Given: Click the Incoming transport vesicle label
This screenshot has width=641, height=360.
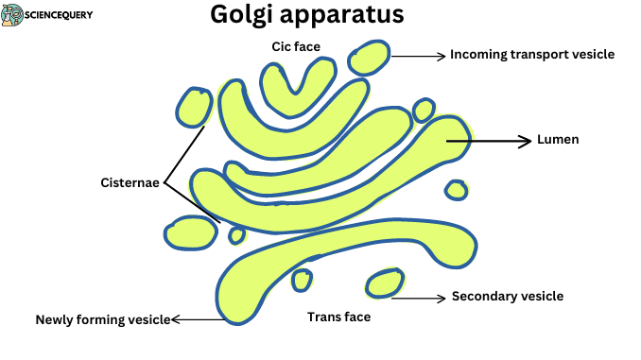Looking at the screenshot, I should click(x=532, y=55).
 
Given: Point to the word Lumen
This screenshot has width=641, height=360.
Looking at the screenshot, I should click(x=557, y=140).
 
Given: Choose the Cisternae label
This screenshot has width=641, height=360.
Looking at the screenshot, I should click(x=130, y=181).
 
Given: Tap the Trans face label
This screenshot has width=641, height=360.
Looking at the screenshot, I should click(x=338, y=317).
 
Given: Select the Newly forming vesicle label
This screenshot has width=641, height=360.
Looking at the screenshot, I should click(x=102, y=319).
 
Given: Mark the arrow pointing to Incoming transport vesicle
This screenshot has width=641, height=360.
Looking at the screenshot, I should click(x=417, y=56).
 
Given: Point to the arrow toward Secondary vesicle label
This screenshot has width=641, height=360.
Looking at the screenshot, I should click(x=418, y=299).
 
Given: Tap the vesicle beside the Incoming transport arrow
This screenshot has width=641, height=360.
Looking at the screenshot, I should click(x=368, y=59).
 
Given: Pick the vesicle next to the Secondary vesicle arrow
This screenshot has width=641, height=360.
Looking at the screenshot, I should click(x=385, y=283).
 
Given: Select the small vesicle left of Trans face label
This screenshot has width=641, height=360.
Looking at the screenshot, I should click(x=302, y=280).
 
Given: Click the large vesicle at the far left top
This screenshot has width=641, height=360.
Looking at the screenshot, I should click(x=196, y=107).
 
